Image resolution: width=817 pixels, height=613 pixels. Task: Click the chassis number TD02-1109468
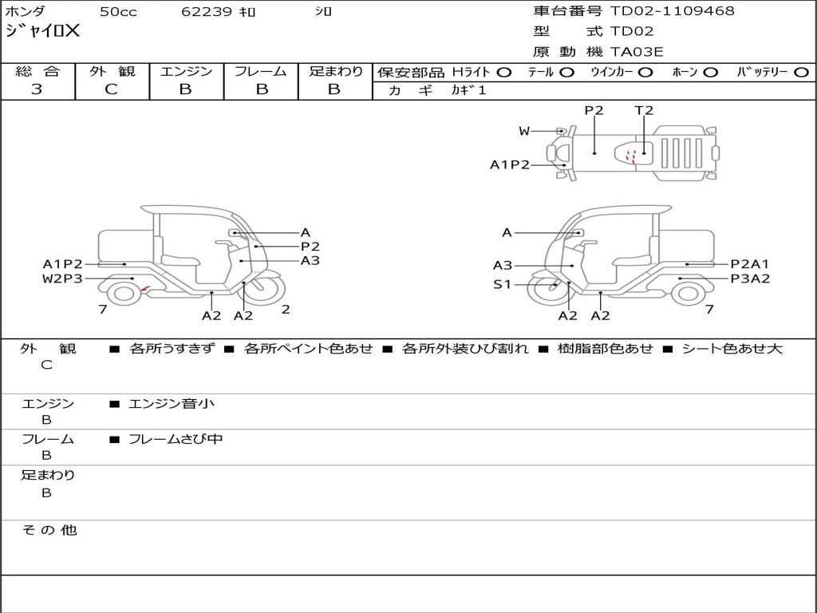tap(672, 11)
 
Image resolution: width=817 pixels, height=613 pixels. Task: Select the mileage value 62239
tap(206, 11)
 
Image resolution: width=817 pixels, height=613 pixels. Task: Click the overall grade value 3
tap(37, 89)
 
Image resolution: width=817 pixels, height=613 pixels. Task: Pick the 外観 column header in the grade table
tap(112, 71)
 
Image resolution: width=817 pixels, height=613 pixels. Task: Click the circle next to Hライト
tap(503, 73)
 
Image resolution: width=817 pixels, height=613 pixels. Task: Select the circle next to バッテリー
tap(801, 73)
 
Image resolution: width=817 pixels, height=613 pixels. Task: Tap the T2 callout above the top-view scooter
tap(644, 110)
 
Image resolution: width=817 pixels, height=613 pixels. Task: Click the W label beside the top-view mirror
tap(524, 131)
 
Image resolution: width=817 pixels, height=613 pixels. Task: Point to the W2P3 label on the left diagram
tap(62, 279)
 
